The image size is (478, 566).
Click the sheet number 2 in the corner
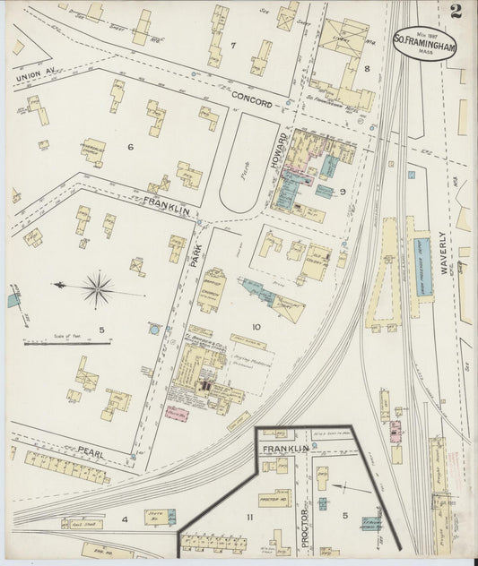point(456,12)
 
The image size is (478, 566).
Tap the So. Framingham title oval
point(424,41)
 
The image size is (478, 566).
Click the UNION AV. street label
point(34,78)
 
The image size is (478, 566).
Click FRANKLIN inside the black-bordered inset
point(285,448)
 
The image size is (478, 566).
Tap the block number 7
point(231,45)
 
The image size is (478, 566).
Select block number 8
point(367,68)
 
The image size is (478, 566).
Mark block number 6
point(130,147)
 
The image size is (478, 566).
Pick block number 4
point(126,519)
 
